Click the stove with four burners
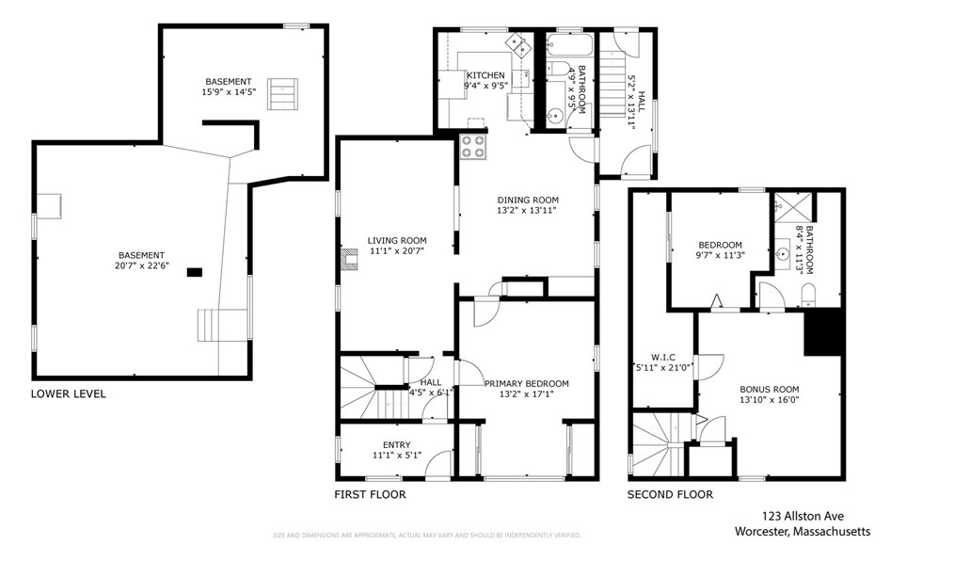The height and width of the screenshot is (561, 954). (473, 146)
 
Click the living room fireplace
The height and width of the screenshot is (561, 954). (349, 259)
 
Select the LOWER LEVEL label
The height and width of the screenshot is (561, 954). (68, 393)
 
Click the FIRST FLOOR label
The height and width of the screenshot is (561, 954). (370, 494)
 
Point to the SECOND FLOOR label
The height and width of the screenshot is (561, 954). (670, 494)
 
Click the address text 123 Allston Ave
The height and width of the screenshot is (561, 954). (803, 516)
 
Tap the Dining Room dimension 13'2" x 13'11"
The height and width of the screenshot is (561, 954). (528, 211)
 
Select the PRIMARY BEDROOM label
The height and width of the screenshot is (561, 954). (526, 383)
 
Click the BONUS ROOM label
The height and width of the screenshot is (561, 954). (769, 389)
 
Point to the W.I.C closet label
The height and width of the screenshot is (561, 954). (662, 357)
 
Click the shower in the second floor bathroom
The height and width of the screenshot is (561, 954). (793, 206)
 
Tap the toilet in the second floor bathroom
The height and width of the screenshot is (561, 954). (807, 295)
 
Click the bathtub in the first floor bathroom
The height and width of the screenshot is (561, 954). (569, 44)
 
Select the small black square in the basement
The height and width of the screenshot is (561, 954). (194, 273)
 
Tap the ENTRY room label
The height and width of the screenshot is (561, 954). (397, 445)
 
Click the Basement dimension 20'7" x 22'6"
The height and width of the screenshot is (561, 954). (141, 265)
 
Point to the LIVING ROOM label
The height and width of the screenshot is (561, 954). (397, 240)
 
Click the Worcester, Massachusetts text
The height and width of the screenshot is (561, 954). (803, 531)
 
